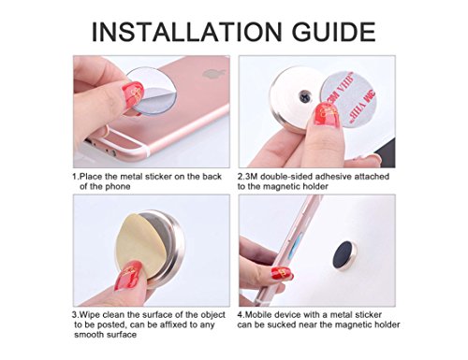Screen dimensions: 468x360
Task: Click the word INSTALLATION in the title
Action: click(187, 32)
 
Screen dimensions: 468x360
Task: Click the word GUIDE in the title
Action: click(334, 32)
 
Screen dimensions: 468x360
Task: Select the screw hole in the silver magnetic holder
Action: click(305, 96)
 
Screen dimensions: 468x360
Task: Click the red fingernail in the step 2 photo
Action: click(326, 114)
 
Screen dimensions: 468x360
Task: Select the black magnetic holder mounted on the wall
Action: click(344, 255)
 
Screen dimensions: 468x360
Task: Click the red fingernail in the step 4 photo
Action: click(282, 274)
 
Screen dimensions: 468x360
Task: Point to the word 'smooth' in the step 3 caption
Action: click(89, 335)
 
